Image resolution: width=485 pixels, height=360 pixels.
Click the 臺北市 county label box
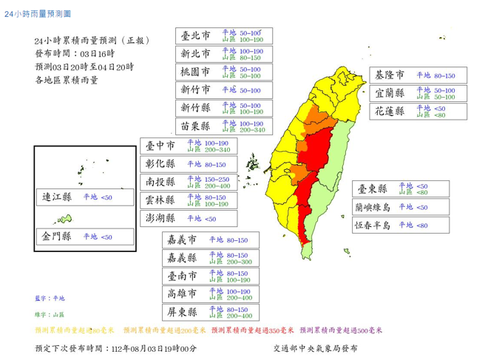[x=195, y=35]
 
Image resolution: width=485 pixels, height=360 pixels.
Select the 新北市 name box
[x=195, y=54]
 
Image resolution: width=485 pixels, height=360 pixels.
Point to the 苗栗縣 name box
[x=195, y=126]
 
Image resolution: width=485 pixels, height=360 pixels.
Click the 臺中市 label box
[x=160, y=145]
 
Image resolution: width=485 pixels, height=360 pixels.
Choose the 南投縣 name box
[x=160, y=182]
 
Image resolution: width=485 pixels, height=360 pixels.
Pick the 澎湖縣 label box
[x=160, y=218]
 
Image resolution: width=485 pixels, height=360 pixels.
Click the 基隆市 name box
[x=390, y=75]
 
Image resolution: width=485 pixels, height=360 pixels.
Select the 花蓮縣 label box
[x=390, y=112]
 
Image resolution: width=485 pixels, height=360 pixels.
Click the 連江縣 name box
[x=57, y=197]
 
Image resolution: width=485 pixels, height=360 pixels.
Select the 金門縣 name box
[x=57, y=237]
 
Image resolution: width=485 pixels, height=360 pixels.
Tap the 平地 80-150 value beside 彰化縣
[x=211, y=164]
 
